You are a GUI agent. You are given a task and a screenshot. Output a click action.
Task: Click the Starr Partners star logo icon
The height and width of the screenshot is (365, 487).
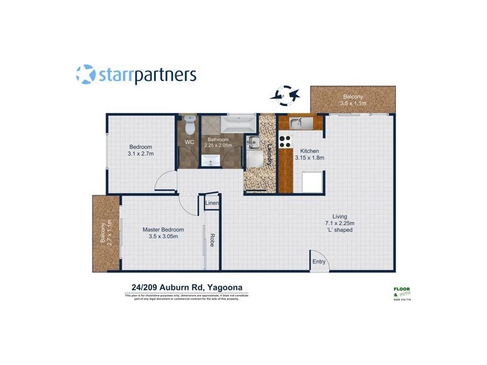pos(86,75)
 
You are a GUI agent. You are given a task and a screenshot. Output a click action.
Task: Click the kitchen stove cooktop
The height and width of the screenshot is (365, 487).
pos(286,141)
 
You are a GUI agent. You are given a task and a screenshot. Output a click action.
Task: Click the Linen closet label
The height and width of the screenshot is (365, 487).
pos(212,203)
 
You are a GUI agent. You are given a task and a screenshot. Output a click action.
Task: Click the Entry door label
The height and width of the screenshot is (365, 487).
pos(319,262)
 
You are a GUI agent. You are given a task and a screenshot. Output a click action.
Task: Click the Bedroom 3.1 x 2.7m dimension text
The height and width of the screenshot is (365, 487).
pos(141,154)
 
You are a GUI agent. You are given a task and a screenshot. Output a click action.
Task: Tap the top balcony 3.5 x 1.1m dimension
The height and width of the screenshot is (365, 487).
pos(352,104)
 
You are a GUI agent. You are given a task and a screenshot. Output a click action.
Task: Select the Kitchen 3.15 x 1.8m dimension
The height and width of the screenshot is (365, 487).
pos(309,158)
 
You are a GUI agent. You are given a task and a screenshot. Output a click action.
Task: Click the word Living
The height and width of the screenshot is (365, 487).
pos(340,216)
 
